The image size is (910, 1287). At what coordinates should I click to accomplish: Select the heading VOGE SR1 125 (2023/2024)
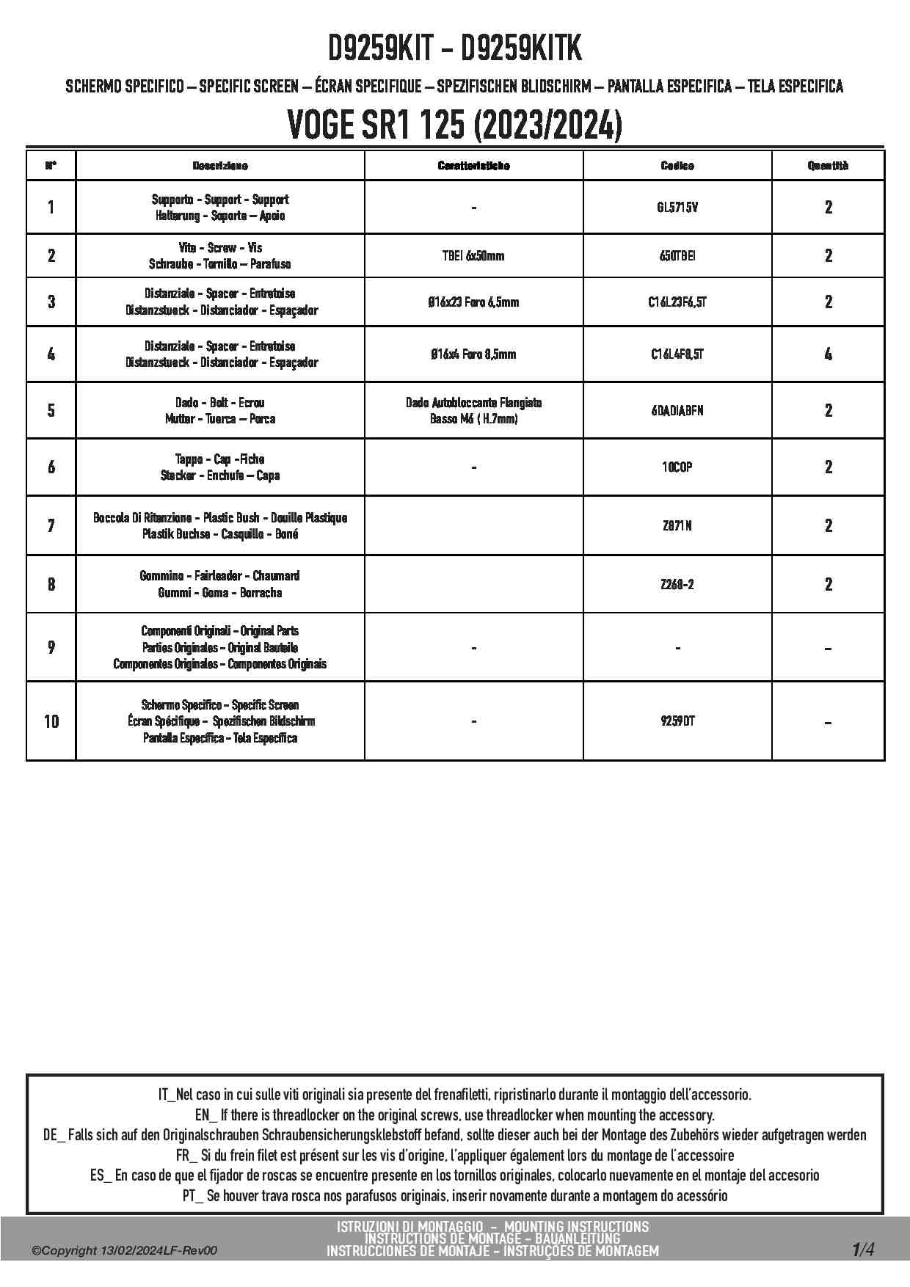pos(454,126)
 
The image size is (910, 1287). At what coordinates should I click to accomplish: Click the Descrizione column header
pos(220,166)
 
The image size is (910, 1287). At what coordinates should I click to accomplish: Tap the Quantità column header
pos(828,166)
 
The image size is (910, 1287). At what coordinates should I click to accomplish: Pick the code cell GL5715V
pos(677,208)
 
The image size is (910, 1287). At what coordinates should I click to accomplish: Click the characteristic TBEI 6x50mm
pos(473,256)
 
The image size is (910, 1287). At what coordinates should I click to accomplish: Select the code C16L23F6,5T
pos(677,302)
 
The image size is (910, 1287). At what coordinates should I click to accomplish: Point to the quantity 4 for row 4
pos(828,354)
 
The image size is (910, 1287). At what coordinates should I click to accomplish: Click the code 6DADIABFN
pos(677,411)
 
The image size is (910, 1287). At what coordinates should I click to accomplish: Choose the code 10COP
pos(677,467)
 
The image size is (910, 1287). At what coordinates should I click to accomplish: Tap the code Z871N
pos(677,526)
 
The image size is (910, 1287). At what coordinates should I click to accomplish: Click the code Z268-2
pos(677,585)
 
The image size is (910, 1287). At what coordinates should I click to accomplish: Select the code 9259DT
pos(677,721)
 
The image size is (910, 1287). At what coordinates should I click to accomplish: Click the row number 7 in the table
pos(51,526)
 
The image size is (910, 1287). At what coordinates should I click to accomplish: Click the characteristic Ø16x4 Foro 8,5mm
pos(473,354)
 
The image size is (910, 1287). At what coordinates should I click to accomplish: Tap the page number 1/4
pos(863,1249)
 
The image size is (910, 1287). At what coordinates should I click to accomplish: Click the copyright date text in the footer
pos(125,1251)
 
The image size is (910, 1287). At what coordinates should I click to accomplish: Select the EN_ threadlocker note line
pos(454,1115)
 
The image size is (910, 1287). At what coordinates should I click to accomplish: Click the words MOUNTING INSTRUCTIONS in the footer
pos(576,1227)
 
